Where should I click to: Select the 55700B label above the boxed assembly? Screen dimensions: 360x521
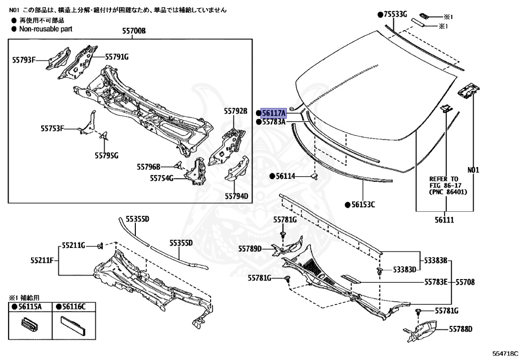coord(133,31)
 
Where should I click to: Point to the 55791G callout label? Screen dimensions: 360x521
coord(117,57)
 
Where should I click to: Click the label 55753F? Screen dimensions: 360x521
coord(52,129)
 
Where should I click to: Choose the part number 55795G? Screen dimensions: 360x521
coord(106,155)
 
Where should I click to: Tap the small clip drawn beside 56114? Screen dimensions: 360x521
coord(313,176)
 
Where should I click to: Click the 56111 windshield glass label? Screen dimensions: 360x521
coord(444,220)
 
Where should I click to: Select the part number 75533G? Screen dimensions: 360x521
coord(395,14)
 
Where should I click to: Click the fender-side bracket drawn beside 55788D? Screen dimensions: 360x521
coord(419,329)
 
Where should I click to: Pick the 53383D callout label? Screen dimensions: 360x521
coord(404,269)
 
